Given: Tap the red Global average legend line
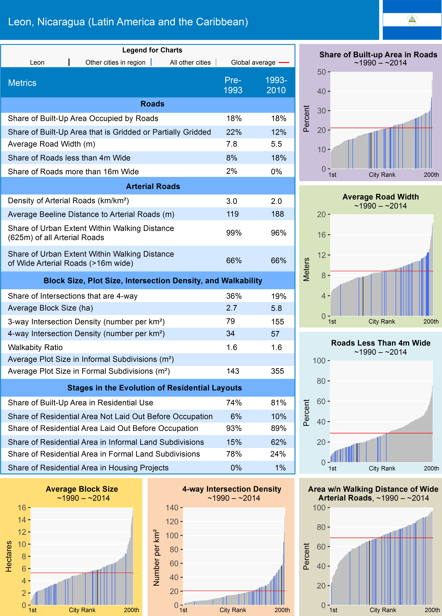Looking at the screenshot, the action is tap(284, 62).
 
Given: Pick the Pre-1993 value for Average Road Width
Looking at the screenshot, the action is tap(232, 144).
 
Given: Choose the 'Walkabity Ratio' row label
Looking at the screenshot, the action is tap(35, 347).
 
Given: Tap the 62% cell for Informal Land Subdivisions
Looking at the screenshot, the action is tap(279, 442).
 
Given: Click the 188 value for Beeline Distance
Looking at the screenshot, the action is tap(278, 214).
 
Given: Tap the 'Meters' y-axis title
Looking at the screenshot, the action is tap(306, 269).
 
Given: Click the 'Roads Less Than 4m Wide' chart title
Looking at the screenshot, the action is tap(381, 343).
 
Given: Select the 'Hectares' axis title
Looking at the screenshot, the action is tap(9, 556).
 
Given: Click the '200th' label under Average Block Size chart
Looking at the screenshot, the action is tap(131, 610).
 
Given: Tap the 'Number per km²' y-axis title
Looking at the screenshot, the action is tap(156, 558).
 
